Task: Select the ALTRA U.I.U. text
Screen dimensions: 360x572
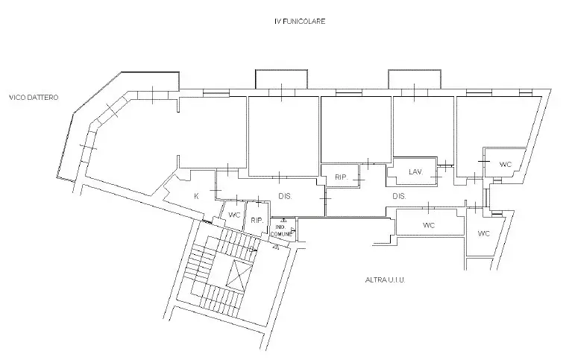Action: point(386,280)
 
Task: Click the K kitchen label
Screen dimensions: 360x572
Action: point(196,196)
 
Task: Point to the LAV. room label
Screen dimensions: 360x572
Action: point(415,172)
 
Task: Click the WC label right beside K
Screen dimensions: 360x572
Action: point(233,215)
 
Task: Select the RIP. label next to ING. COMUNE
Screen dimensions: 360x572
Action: point(257,221)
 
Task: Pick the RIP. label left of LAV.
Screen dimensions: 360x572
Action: point(341,177)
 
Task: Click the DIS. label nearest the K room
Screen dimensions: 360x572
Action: point(285,197)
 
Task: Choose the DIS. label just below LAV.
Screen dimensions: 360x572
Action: point(399,197)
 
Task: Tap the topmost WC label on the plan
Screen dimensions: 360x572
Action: point(505,164)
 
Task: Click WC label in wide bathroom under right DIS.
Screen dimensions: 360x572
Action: point(429,225)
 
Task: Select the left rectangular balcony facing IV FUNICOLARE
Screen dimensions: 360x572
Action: point(277,79)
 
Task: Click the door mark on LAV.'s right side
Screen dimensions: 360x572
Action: point(444,165)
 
